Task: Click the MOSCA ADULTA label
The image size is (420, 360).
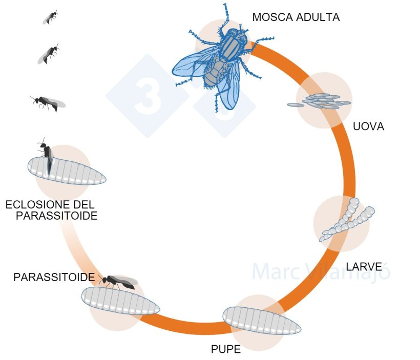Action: [x=296, y=17]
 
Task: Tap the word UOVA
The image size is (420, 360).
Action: [x=368, y=126]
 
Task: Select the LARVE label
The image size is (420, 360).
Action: [x=364, y=266]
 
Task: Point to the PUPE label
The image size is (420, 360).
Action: [x=225, y=350]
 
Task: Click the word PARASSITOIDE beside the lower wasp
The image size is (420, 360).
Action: [x=54, y=277]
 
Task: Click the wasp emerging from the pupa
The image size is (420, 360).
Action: [x=47, y=156]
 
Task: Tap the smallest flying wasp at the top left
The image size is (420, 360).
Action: [x=50, y=18]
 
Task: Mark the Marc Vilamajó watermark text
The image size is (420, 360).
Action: [x=321, y=271]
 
